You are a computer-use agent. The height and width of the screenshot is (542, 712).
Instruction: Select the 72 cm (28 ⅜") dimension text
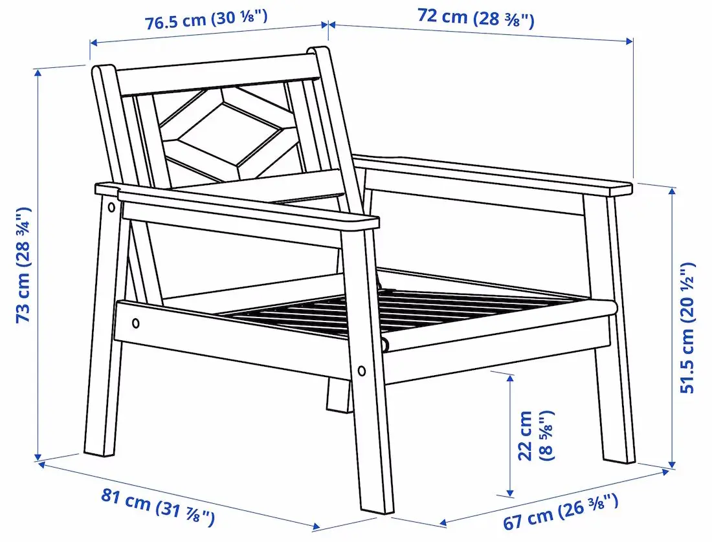[x=476, y=17]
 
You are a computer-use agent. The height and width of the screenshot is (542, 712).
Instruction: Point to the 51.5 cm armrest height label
[x=687, y=327]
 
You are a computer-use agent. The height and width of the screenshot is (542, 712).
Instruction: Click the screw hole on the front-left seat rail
[x=135, y=323]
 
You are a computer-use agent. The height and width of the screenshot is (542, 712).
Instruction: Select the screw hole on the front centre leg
[x=361, y=371]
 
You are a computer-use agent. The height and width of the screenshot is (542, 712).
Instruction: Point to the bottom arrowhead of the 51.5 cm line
[x=673, y=464]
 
